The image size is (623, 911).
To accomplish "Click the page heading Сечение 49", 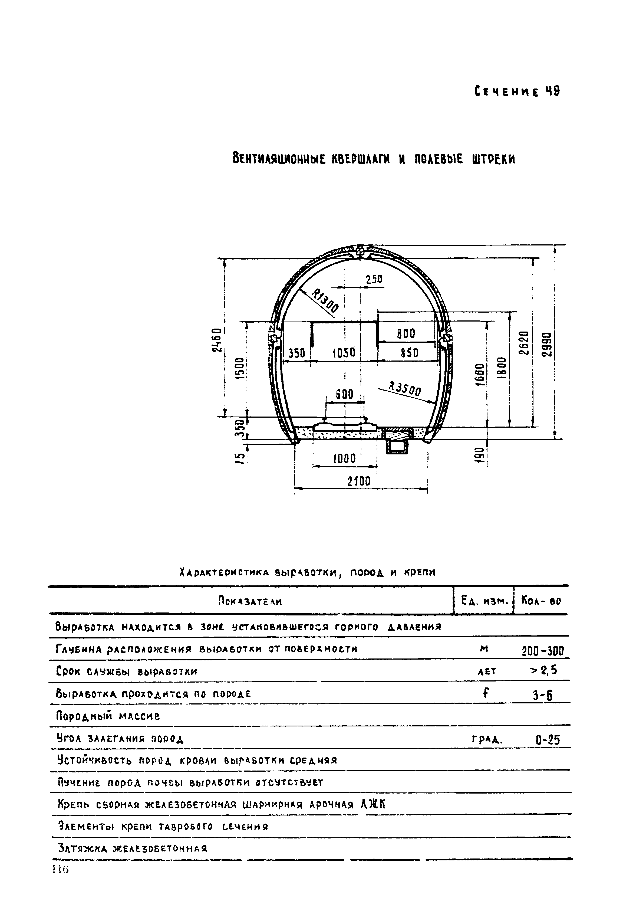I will [517, 92].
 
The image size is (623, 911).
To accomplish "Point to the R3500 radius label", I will [404, 389].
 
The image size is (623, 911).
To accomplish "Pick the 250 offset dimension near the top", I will [374, 280].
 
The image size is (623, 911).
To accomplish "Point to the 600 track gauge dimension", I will [345, 394].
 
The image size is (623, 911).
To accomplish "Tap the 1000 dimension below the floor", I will [344, 459].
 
